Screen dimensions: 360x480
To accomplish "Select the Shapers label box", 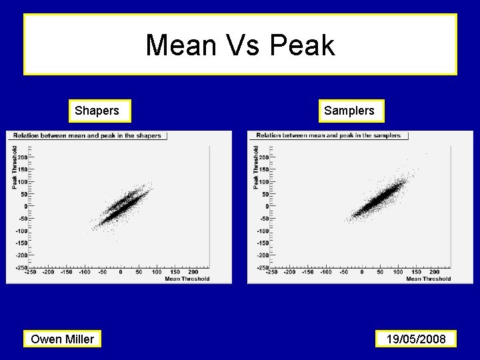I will click(97, 111).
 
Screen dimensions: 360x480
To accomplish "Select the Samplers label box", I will click(349, 111).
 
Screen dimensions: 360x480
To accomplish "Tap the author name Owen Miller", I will click(63, 339).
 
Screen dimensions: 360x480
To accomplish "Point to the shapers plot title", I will click(87, 135).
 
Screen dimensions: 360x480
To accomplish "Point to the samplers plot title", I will click(328, 135).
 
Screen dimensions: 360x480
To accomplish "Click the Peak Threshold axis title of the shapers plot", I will click(15, 167).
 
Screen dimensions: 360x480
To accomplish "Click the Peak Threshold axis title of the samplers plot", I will click(256, 167).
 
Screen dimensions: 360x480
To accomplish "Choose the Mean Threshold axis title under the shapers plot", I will click(187, 279).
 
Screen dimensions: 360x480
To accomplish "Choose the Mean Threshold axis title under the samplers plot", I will click(428, 279).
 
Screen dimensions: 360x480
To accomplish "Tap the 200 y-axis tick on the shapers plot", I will click(22, 157).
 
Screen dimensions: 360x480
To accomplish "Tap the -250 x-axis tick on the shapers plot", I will click(31, 272).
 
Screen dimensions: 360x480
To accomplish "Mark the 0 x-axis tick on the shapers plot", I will click(121, 272).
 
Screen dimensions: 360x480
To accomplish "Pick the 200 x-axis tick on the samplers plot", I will click(434, 272).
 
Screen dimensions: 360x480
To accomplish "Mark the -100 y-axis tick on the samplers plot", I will click(263, 231).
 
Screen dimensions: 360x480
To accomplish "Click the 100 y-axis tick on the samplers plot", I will click(264, 182).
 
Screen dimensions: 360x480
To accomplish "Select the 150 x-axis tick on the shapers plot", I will click(175, 272).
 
